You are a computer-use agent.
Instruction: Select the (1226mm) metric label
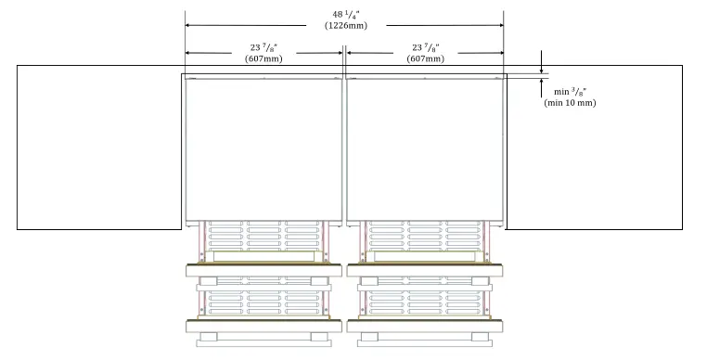tap(345, 25)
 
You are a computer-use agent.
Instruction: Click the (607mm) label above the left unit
tap(264, 59)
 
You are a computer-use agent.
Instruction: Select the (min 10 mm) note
tap(569, 102)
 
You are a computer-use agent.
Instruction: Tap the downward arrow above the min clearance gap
tap(542, 68)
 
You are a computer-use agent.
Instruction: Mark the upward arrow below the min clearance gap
tap(542, 84)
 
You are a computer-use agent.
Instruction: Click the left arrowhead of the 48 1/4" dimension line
tap(188, 25)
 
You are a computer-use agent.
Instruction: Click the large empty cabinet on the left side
tap(98, 147)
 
